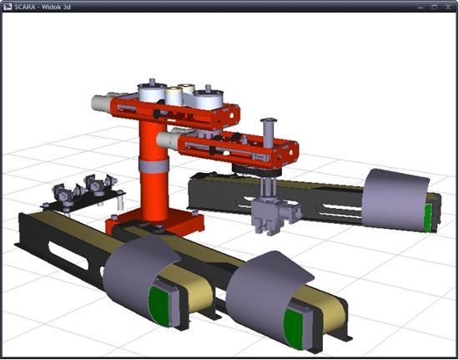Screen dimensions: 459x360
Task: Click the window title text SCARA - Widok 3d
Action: coord(43,7)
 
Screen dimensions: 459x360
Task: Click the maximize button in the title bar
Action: coord(435,7)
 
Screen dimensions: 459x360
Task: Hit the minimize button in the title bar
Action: coord(421,7)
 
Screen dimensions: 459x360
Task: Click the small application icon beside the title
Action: coord(8,7)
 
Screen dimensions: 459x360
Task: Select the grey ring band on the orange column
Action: coord(154,165)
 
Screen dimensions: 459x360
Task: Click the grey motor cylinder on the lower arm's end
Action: coord(168,140)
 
